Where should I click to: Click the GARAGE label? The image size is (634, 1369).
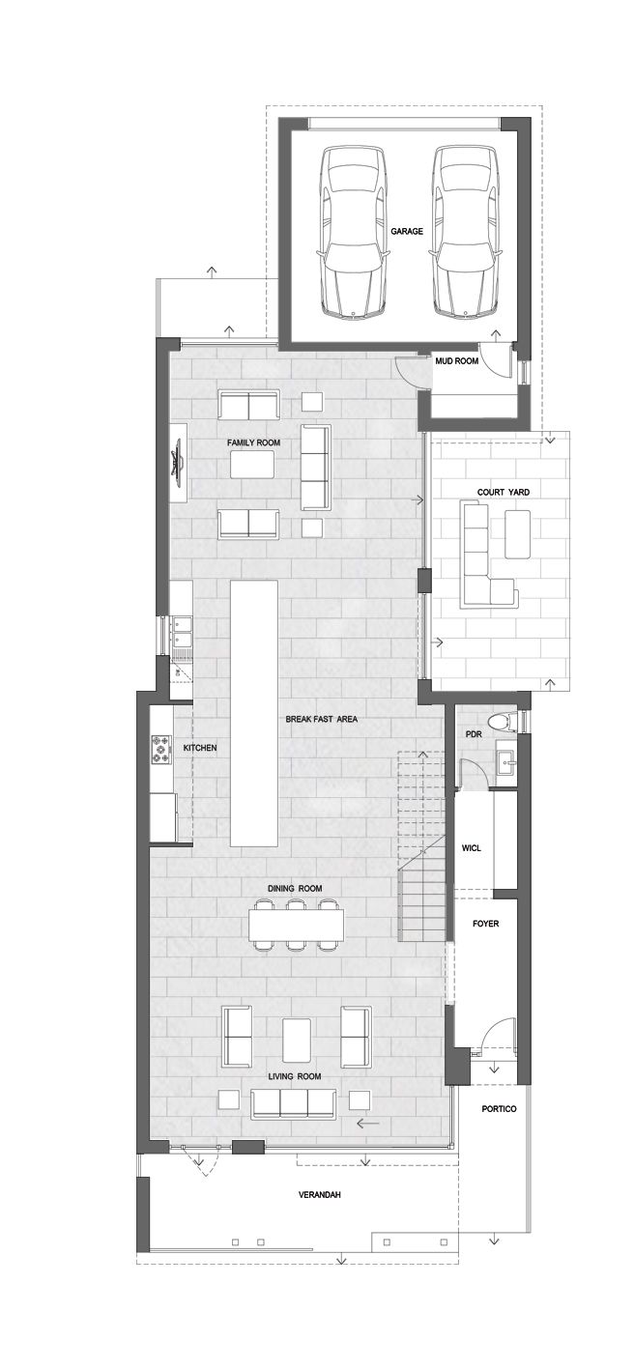(x=407, y=232)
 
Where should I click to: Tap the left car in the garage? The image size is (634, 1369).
(x=351, y=232)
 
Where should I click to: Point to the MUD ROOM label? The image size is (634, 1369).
(x=457, y=361)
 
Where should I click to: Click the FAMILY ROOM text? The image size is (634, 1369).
(x=254, y=442)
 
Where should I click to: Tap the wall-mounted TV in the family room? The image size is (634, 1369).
(x=177, y=464)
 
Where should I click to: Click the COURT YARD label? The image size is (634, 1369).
(x=504, y=492)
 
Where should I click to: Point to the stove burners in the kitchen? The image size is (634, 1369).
(x=160, y=750)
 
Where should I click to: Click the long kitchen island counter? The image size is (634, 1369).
(x=254, y=713)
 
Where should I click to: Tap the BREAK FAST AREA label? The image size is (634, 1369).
(x=322, y=720)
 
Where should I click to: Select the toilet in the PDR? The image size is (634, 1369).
(x=505, y=720)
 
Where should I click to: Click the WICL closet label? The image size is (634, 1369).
(x=472, y=848)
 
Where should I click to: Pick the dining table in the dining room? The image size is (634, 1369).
(x=297, y=926)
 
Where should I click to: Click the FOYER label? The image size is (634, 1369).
(x=485, y=924)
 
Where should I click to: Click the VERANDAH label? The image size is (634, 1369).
(x=319, y=1194)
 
